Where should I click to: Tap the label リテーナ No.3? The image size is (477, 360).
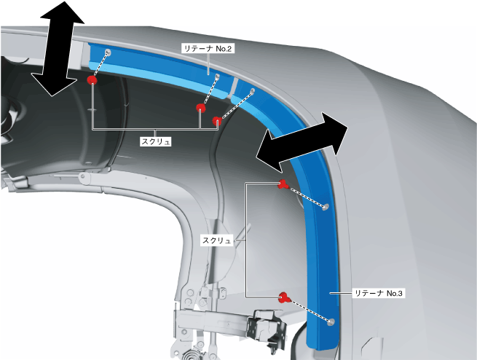[x=377, y=293]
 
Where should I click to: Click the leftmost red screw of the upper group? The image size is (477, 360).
[x=92, y=79]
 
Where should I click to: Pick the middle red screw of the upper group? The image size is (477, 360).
[x=200, y=109]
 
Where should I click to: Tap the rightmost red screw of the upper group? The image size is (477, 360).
[x=216, y=120]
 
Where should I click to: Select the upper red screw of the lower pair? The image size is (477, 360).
[x=283, y=184]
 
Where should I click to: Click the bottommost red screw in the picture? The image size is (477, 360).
[x=284, y=297]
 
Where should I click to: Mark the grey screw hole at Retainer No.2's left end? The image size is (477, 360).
[x=108, y=52]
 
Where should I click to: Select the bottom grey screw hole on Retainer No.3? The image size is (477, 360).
[x=332, y=321]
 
